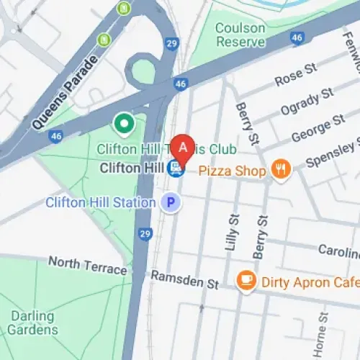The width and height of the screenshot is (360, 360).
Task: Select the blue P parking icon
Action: click(171, 203)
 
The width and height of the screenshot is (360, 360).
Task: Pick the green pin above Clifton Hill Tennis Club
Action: click(125, 125)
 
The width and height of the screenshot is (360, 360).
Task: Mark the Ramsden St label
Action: click(184, 280)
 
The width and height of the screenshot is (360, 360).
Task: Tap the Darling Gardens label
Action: click(34, 323)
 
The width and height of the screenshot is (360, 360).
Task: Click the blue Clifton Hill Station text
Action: click(100, 202)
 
